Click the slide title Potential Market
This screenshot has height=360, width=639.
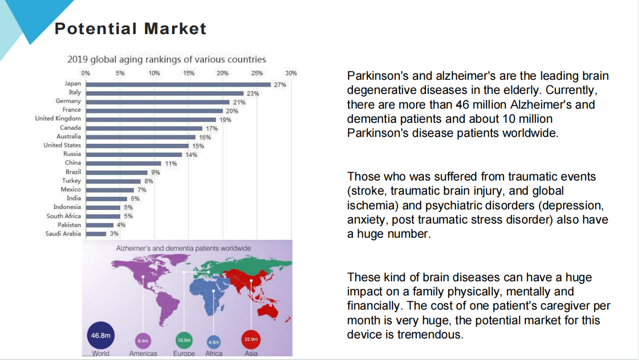click(x=130, y=28)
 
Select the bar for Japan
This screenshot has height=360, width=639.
click(x=179, y=84)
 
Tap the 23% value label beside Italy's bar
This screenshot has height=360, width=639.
click(x=253, y=93)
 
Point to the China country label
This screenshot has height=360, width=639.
click(x=73, y=163)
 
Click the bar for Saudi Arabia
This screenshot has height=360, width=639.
click(x=96, y=234)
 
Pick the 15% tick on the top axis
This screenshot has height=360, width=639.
click(x=188, y=73)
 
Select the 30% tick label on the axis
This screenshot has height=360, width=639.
click(x=291, y=73)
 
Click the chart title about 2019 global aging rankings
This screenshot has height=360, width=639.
click(x=166, y=59)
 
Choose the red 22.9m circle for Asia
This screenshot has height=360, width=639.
click(x=251, y=340)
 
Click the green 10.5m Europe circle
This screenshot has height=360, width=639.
click(x=184, y=340)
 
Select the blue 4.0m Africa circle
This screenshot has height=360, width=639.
click(x=214, y=342)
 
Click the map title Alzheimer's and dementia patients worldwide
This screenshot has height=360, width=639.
click(x=183, y=248)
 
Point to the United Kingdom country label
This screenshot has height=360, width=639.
click(x=58, y=119)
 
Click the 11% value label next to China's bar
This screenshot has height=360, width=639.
click(x=171, y=164)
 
